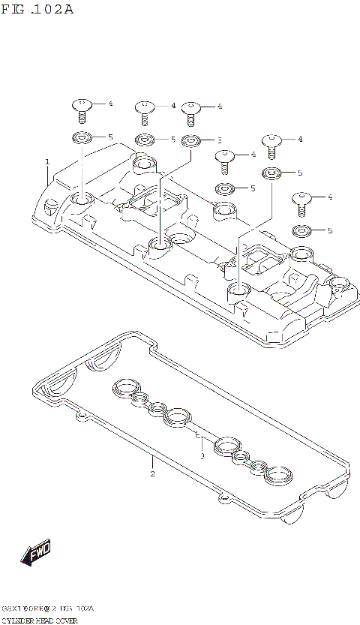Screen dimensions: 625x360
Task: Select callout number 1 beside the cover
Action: tap(46, 161)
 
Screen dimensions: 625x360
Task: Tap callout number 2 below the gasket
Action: tap(152, 473)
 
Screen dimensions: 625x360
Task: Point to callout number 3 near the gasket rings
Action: tap(202, 455)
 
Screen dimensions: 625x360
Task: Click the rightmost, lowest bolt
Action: tap(302, 200)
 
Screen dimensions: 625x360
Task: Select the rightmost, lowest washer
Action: tap(302, 230)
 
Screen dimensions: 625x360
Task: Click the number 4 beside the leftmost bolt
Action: tap(109, 104)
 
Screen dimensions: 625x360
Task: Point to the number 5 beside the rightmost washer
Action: tap(329, 230)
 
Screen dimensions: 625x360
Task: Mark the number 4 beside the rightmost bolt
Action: tap(330, 197)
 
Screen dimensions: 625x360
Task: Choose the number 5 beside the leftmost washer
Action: tap(109, 137)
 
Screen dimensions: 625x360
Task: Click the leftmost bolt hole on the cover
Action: tap(82, 200)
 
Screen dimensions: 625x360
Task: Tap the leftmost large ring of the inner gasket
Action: tap(123, 387)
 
